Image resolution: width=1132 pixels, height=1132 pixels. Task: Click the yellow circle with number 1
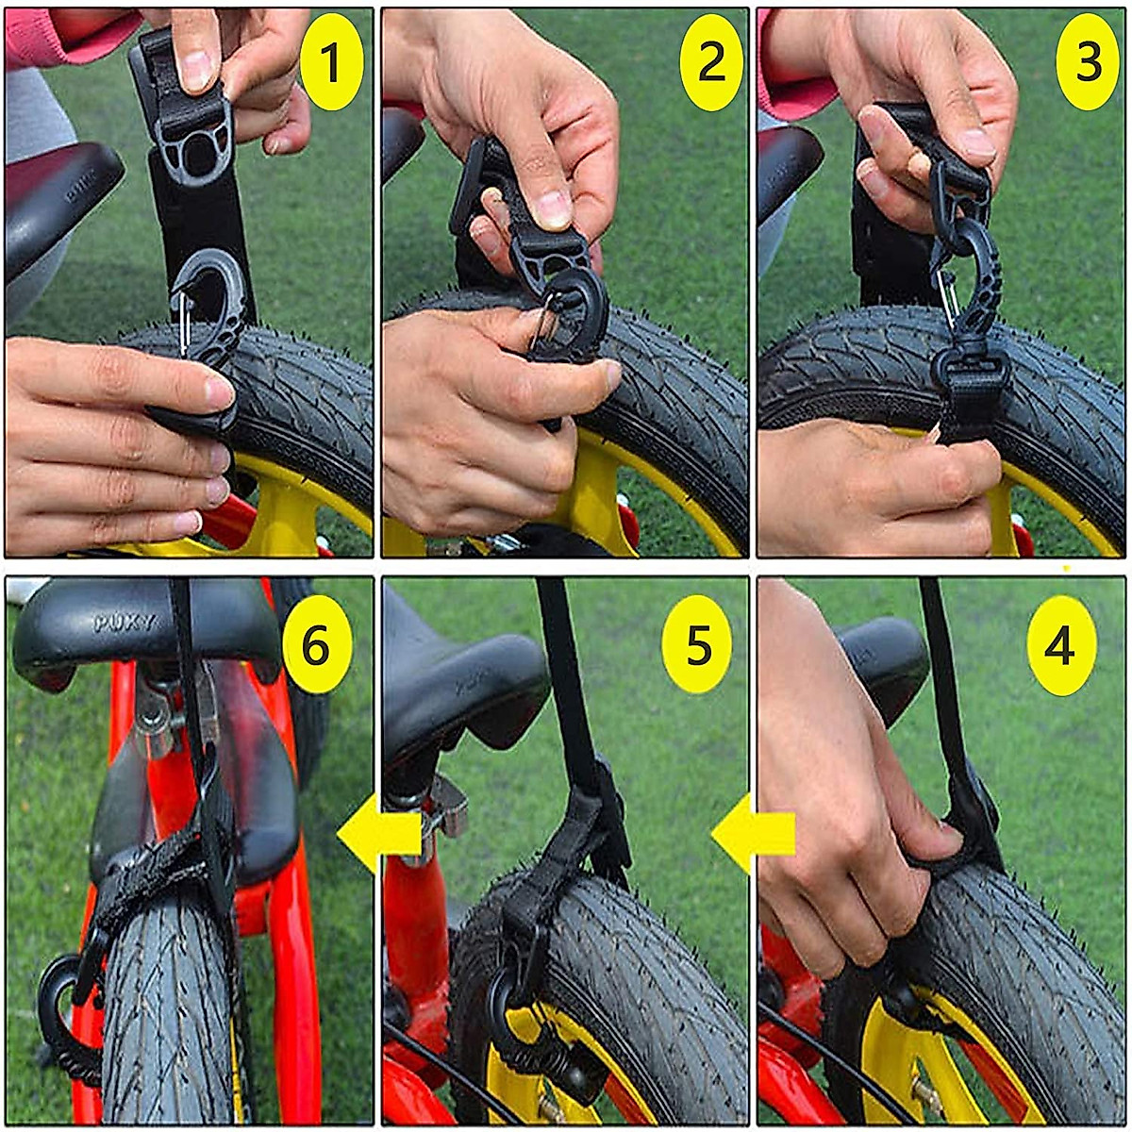tap(331, 62)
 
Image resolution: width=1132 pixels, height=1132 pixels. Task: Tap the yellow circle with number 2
tap(710, 61)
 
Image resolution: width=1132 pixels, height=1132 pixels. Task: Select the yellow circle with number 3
tap(1087, 62)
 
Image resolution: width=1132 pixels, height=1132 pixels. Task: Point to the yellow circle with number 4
tap(1061, 646)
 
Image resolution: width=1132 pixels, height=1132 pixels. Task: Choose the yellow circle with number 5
tap(697, 646)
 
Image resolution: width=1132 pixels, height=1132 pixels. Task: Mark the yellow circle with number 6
tap(316, 645)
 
